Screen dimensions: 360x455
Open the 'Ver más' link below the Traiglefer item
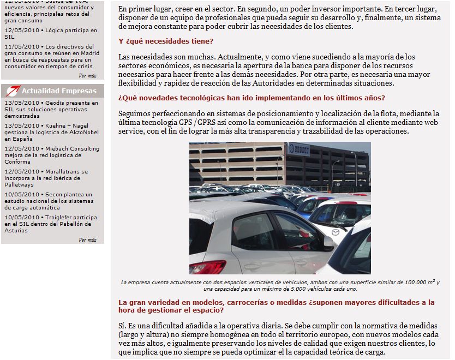(87, 239)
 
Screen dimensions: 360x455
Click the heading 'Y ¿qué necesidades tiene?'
(166, 41)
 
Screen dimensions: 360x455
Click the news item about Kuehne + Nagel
(51, 132)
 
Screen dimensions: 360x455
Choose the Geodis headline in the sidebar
(51, 109)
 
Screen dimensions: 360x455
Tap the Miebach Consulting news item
(51, 155)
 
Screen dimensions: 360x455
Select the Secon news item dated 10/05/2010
(51, 201)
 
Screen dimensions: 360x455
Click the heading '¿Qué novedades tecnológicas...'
(252, 98)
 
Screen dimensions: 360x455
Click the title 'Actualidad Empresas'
(59, 91)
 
